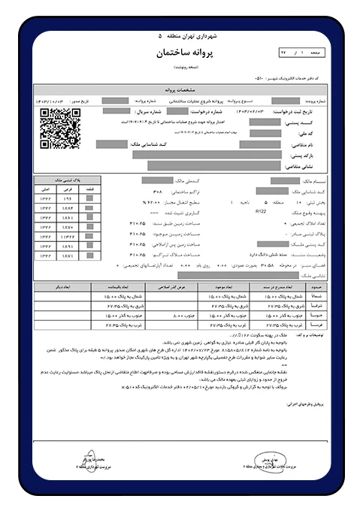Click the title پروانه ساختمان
pos(180,54)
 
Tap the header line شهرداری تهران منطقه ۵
pos(180,35)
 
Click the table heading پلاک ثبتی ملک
pos(65,180)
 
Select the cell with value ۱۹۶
pos(65,197)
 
